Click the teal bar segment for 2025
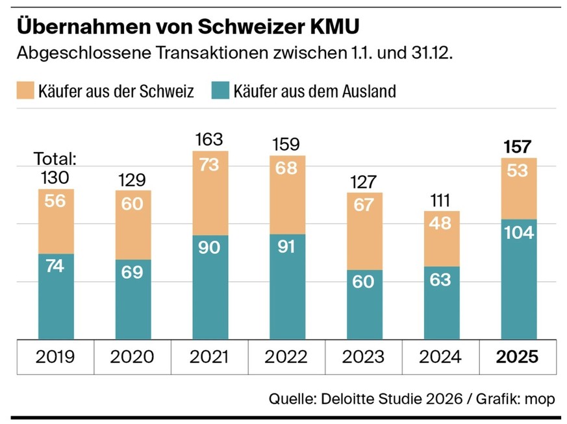(x=518, y=279)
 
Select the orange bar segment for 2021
(x=209, y=193)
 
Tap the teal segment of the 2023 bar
(x=364, y=304)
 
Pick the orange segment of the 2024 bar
(x=441, y=238)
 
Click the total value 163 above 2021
(x=209, y=140)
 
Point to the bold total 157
(x=518, y=147)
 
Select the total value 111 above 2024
(x=441, y=200)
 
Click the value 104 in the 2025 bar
(x=518, y=232)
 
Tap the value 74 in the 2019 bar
(x=55, y=266)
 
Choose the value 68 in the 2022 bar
(x=286, y=168)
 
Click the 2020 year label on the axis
(x=132, y=357)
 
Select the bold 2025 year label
(x=518, y=357)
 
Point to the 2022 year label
(x=286, y=357)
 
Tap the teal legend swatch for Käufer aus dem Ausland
(x=220, y=91)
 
